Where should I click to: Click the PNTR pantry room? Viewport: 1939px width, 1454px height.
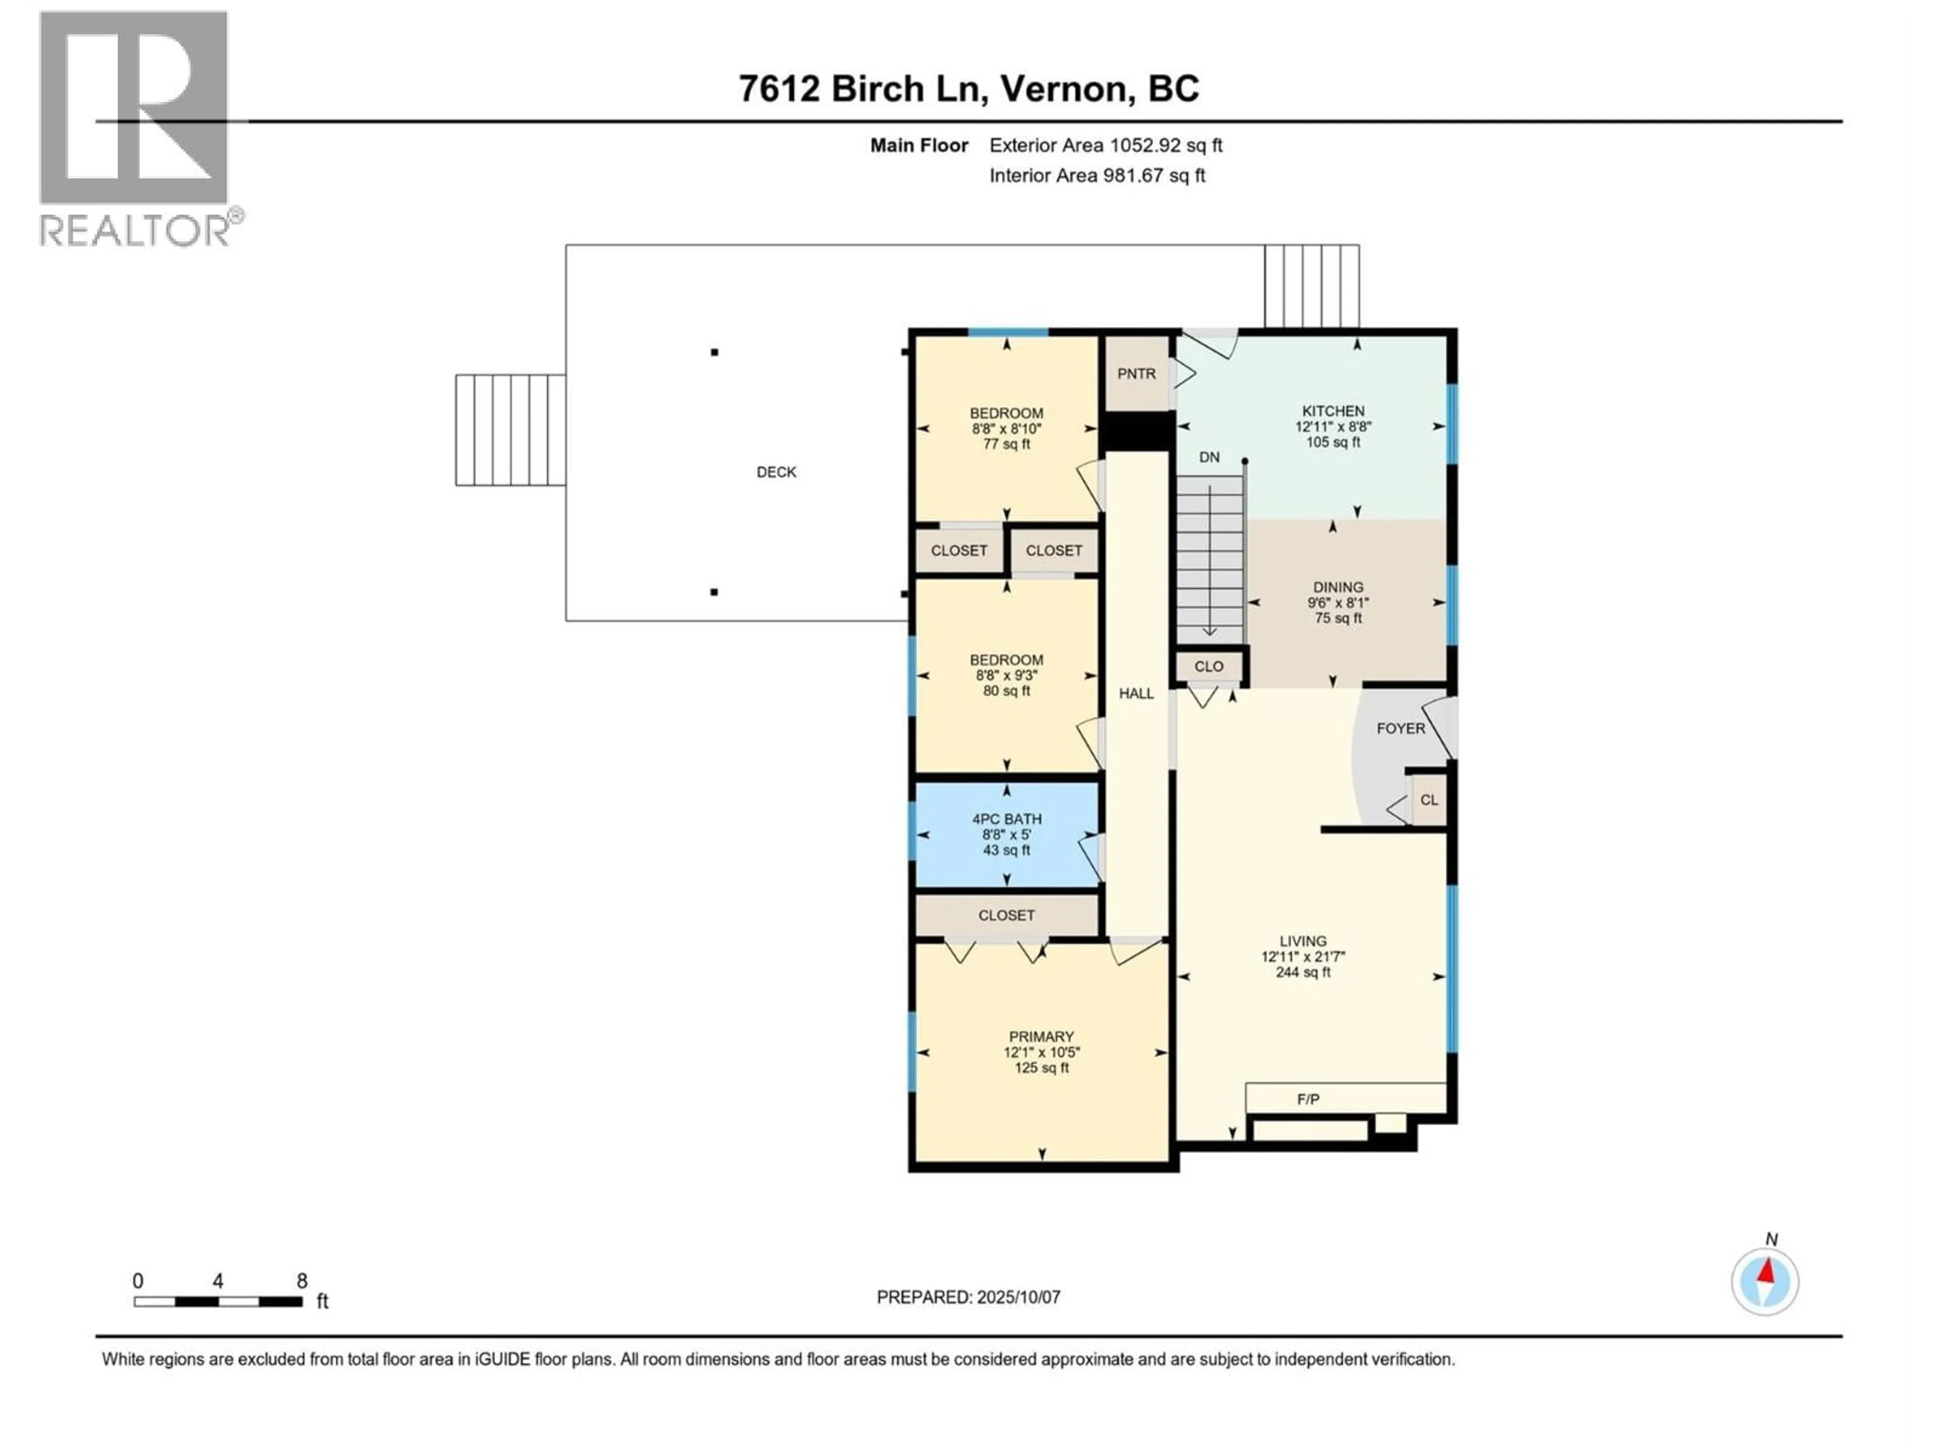point(1137,374)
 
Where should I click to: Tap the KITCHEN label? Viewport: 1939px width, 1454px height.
point(1333,411)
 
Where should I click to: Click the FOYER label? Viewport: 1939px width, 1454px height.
point(1401,729)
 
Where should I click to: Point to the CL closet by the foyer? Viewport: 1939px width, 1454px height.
point(1429,799)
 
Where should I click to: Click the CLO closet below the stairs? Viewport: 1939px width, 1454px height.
point(1209,666)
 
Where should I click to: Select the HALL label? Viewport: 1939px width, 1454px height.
point(1136,693)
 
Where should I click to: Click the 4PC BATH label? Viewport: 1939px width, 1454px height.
point(1006,818)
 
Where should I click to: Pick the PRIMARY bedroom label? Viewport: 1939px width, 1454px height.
point(1041,1036)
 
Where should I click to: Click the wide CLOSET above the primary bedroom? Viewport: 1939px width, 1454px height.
point(1006,915)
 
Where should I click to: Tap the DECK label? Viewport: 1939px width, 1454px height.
point(777,472)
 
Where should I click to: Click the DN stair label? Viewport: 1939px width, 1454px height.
point(1209,456)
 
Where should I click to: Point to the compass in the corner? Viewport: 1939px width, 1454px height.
point(1765,1281)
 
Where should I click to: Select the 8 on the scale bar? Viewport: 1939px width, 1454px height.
point(301,1280)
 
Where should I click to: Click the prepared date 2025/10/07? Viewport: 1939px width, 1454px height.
point(1017,1297)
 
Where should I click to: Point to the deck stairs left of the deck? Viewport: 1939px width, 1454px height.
point(510,430)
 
